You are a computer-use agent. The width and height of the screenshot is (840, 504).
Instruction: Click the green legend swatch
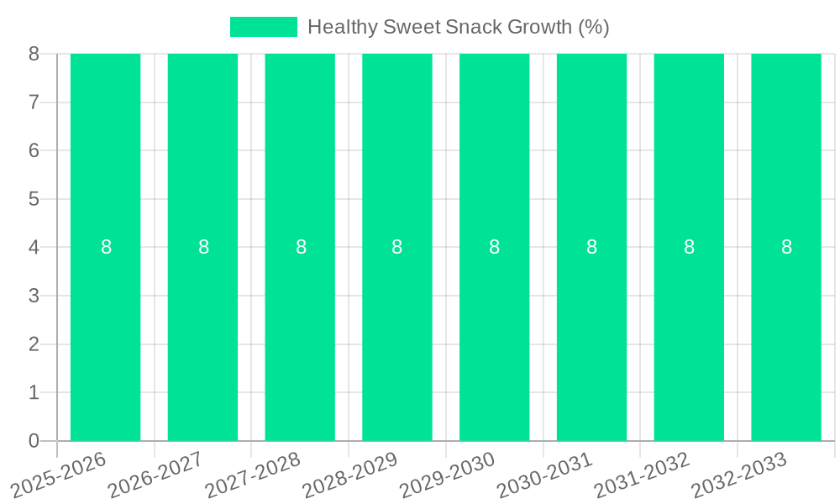coord(263,27)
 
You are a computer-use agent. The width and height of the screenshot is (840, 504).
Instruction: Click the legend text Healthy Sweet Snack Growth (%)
coord(458,27)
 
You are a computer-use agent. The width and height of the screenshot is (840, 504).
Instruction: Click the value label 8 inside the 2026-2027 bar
coord(203,247)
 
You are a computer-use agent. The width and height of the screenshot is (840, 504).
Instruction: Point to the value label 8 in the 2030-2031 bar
coord(592,247)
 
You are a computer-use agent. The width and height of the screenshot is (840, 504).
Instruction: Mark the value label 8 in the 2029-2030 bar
coord(495,247)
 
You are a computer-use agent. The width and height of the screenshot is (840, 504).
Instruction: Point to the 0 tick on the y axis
coord(34,441)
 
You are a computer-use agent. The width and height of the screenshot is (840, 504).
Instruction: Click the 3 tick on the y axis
coord(34,296)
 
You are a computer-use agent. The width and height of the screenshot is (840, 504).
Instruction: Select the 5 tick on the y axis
coord(34,199)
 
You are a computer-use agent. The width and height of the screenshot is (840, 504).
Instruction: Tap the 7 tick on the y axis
coord(34,102)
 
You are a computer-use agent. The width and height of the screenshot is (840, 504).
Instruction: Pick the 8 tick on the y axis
coord(34,54)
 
